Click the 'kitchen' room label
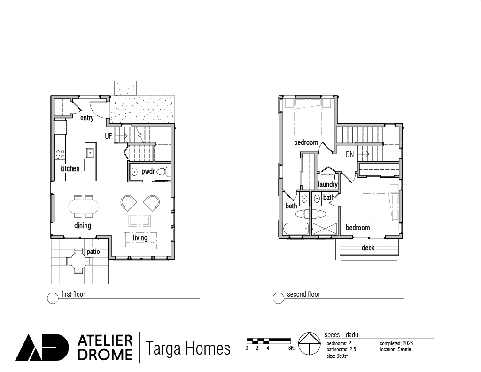pyautogui.click(x=70, y=168)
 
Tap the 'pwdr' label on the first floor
pyautogui.click(x=148, y=171)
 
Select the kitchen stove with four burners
pyautogui.click(x=60, y=154)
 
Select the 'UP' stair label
pyautogui.click(x=109, y=136)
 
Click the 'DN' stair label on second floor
pyautogui.click(x=349, y=155)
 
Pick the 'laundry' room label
pyautogui.click(x=327, y=184)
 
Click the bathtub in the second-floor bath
pyautogui.click(x=296, y=229)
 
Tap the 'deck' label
pyautogui.click(x=368, y=247)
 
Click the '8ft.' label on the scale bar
pyautogui.click(x=291, y=348)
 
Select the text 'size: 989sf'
pyautogui.click(x=337, y=356)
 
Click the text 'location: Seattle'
pyautogui.click(x=395, y=349)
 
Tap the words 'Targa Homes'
pyautogui.click(x=188, y=348)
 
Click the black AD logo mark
pyautogui.click(x=42, y=348)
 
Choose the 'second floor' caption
pyautogui.click(x=303, y=294)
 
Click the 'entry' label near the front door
pyautogui.click(x=87, y=118)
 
